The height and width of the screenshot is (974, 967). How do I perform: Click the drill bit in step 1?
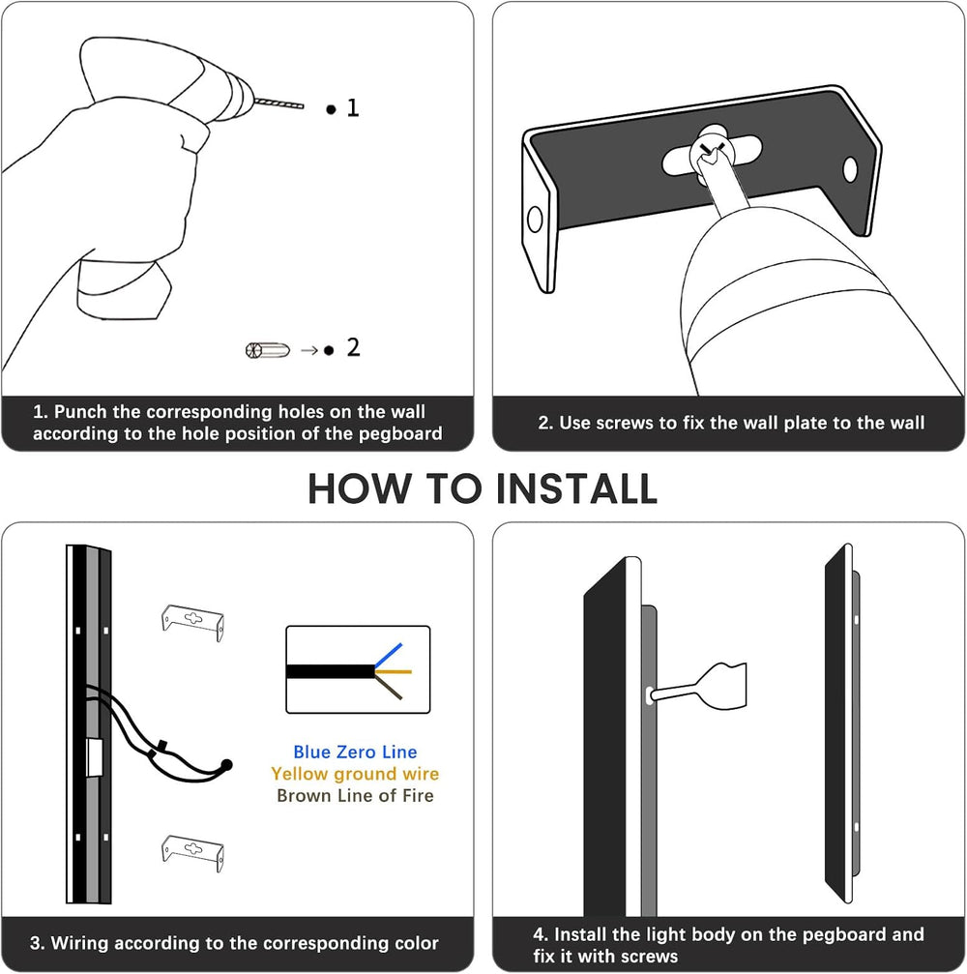[278, 103]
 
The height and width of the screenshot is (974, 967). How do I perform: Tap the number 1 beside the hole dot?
[353, 107]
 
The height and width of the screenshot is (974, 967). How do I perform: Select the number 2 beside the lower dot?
[353, 347]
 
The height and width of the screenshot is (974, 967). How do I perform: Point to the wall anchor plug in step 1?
[268, 350]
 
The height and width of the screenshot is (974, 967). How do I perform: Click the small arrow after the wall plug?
[309, 351]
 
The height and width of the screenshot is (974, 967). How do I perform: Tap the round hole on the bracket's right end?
[850, 169]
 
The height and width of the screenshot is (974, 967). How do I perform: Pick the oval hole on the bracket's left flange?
[534, 220]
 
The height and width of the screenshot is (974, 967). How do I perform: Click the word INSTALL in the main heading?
[576, 488]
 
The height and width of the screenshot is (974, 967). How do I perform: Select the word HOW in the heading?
[360, 488]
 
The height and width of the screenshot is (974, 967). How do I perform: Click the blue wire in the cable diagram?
[389, 655]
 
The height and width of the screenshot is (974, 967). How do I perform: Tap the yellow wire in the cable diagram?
[394, 671]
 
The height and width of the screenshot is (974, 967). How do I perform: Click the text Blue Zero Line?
[355, 752]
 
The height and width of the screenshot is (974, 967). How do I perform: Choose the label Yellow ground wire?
[355, 774]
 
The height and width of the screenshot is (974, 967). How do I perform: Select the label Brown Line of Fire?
[355, 796]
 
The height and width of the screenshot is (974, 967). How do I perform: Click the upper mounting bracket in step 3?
[192, 621]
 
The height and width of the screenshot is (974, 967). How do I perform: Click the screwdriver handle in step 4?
[722, 686]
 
